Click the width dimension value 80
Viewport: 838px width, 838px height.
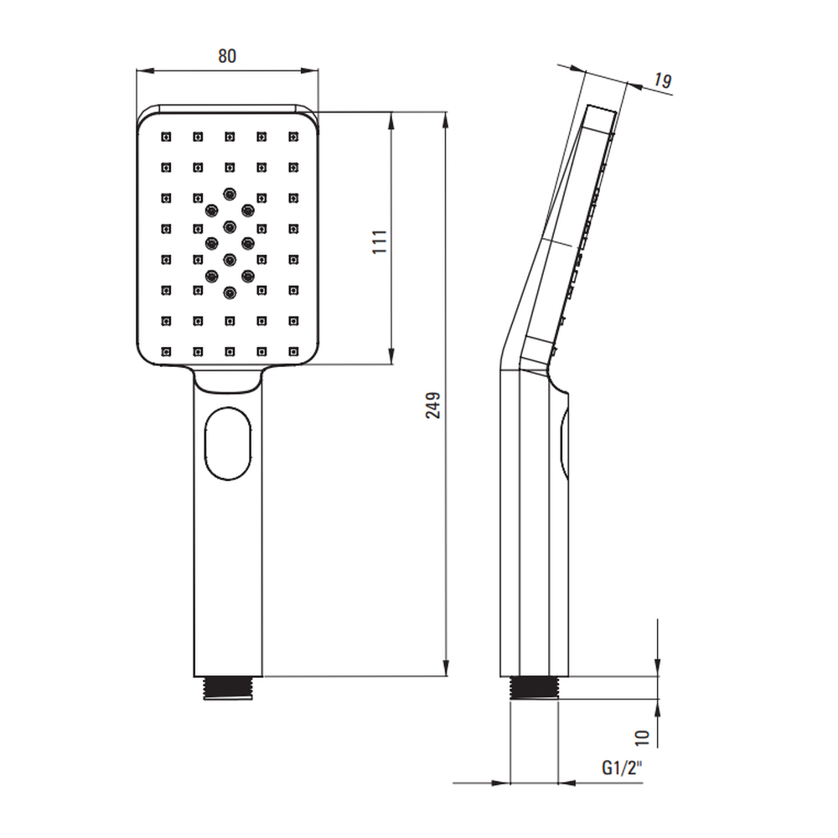[x=227, y=56]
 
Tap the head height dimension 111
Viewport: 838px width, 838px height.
[x=380, y=241]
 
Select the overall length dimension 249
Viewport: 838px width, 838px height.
[x=433, y=405]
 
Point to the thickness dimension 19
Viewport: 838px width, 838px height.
[x=662, y=80]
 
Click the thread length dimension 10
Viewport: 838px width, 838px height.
[x=642, y=738]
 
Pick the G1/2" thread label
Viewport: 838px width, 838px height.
[x=622, y=768]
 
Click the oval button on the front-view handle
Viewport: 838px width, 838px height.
[x=228, y=443]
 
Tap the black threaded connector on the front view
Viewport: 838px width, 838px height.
[x=228, y=688]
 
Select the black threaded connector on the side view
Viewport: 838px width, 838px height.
[x=535, y=688]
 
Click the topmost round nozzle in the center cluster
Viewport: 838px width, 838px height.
[x=230, y=194]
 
